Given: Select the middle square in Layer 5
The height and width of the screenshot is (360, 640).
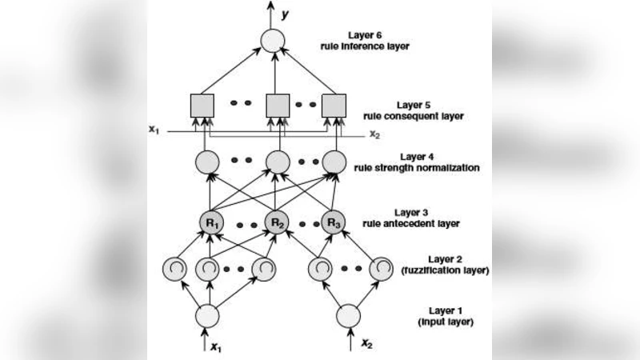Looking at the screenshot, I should [276, 105].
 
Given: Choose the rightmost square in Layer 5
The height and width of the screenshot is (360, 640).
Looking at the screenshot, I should [333, 105].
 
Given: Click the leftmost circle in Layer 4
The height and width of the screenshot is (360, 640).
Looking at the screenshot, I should [207, 162].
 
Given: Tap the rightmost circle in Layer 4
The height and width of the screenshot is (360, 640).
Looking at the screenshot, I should [333, 162].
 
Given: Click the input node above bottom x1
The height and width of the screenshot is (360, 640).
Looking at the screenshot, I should [207, 315].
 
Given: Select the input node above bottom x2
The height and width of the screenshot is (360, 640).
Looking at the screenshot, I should [348, 315].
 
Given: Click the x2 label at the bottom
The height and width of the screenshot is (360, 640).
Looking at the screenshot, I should [366, 344].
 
